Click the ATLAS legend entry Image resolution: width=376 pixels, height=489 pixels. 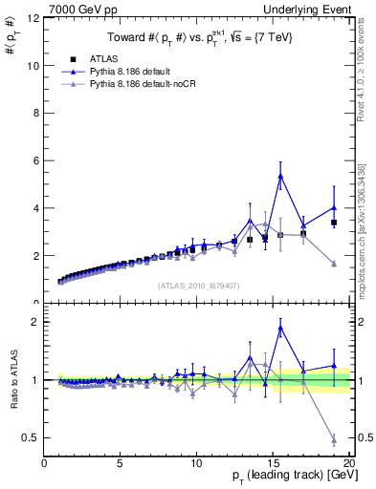point(104,58)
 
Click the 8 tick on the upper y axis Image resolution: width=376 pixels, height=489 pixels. point(35,113)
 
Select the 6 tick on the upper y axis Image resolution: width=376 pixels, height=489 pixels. point(35,160)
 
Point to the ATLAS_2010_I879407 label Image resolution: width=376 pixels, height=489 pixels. point(197,285)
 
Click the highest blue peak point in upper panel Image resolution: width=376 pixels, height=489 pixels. point(280,176)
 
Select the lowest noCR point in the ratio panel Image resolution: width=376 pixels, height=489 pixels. point(334,439)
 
